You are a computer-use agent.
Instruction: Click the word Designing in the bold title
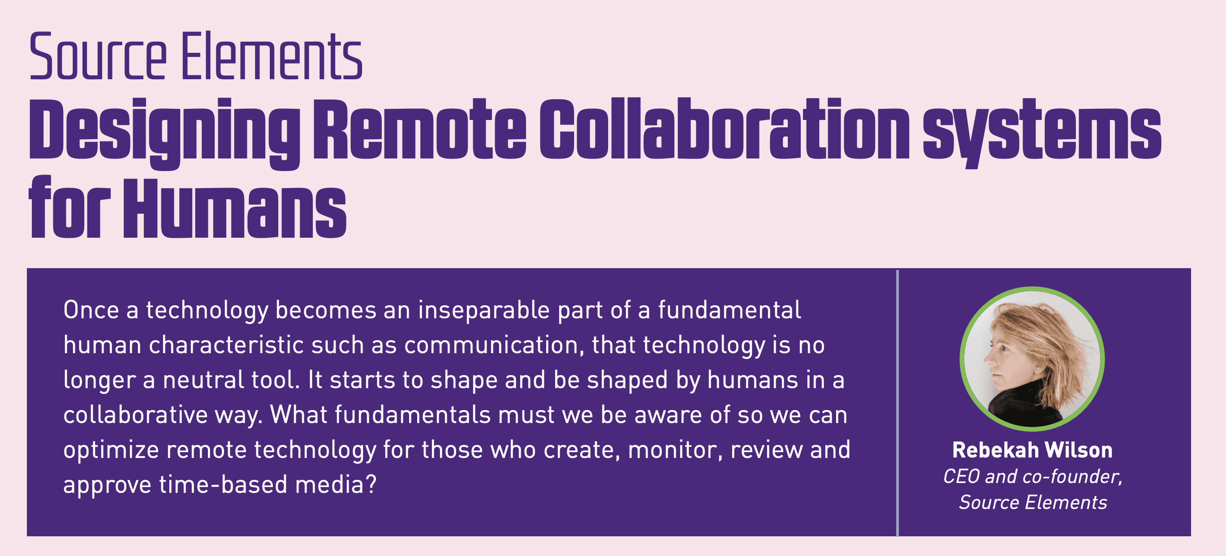click(x=164, y=131)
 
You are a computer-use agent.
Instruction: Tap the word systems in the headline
click(x=1042, y=131)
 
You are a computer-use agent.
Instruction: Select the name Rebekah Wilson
click(x=1032, y=450)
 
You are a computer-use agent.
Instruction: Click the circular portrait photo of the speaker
click(x=1032, y=359)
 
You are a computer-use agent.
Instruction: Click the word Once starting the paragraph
click(x=91, y=310)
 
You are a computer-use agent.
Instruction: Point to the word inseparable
click(x=483, y=310)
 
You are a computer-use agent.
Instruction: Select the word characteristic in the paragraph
click(x=226, y=345)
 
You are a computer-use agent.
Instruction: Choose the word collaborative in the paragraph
click(x=135, y=415)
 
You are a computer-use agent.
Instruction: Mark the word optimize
click(x=111, y=450)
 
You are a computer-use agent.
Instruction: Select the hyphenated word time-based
click(x=223, y=485)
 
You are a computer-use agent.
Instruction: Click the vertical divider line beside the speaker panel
click(x=897, y=402)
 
